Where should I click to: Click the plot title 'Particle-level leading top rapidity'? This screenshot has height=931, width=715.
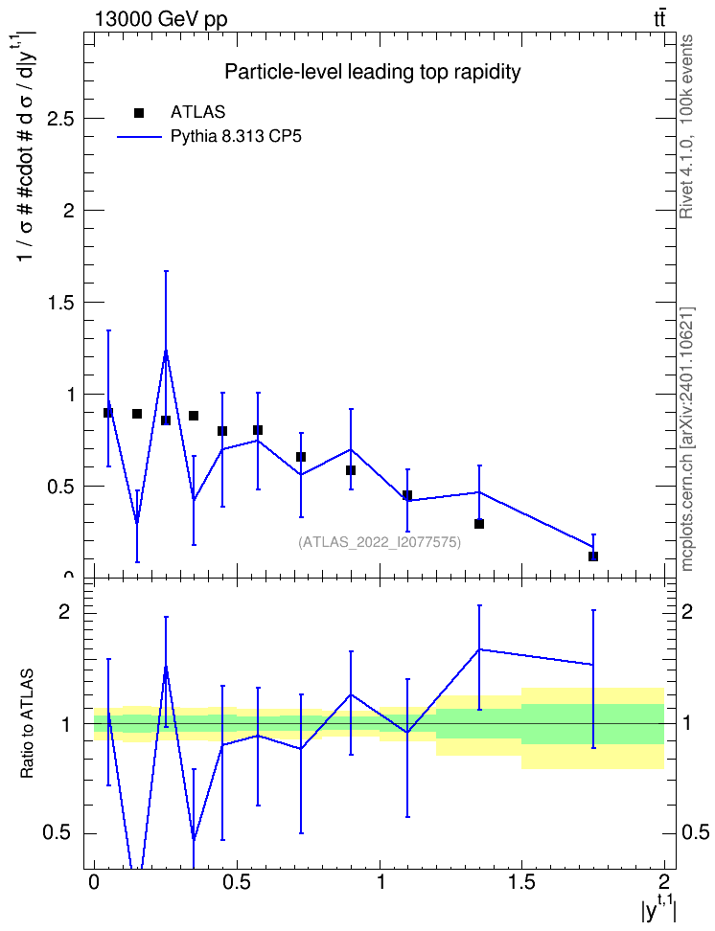373,73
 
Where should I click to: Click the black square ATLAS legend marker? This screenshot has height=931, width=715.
139,113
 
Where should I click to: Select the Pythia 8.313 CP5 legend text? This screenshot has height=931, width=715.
236,137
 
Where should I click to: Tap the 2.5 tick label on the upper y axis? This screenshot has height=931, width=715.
60,119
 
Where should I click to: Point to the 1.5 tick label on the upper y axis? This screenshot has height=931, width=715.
60,303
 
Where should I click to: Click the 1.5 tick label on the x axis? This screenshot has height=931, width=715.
521,882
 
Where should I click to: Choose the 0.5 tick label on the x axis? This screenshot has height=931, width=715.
237,882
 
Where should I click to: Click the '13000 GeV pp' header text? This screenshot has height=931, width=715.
161,20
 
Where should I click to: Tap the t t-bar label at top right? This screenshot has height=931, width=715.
659,19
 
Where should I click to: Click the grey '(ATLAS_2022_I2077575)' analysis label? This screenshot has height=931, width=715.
380,542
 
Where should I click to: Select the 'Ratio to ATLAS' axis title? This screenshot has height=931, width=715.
28,724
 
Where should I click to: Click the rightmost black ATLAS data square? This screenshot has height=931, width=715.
593,556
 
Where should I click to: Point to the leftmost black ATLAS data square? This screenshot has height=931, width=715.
108,413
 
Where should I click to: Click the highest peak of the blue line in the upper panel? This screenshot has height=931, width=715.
166,352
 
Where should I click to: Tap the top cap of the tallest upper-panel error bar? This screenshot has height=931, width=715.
166,271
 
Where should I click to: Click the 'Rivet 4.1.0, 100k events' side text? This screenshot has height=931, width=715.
686,126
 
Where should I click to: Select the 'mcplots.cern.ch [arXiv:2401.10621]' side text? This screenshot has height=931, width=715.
686,440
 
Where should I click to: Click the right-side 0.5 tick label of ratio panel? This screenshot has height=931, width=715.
695,832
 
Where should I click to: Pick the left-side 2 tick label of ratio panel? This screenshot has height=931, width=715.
65,611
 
